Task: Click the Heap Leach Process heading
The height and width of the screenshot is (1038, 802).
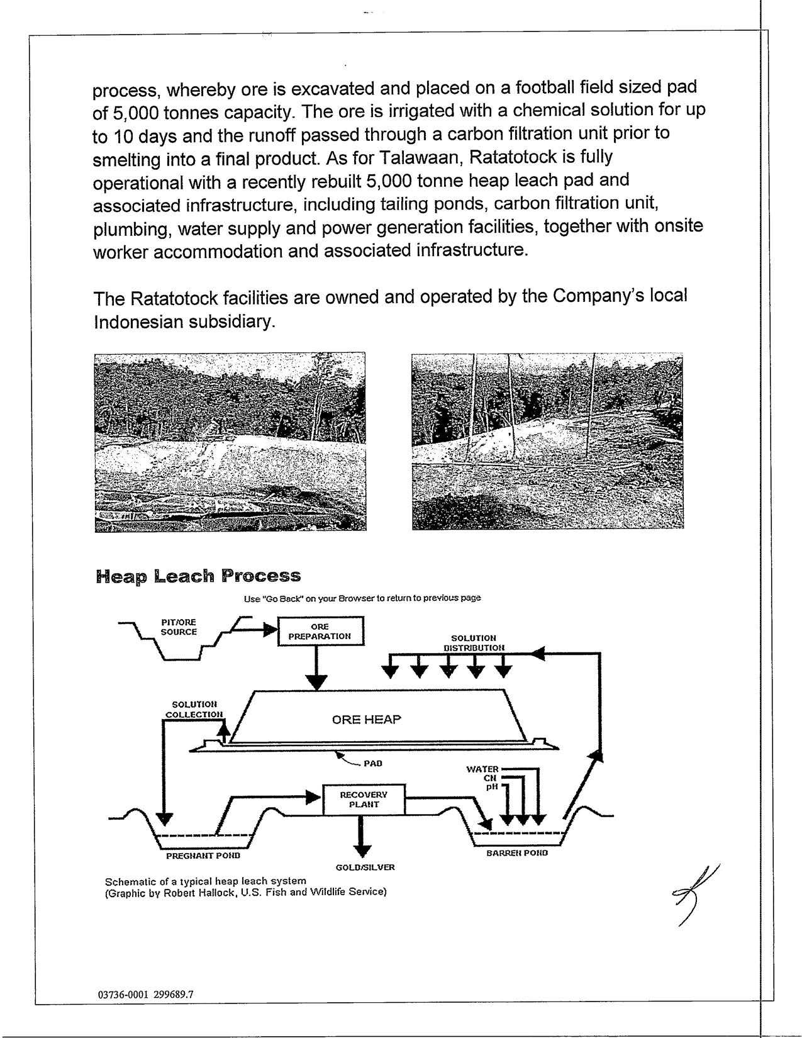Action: pyautogui.click(x=198, y=576)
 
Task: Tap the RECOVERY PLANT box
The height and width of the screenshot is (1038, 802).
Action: pyautogui.click(x=364, y=800)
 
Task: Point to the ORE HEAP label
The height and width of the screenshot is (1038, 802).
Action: pyautogui.click(x=366, y=719)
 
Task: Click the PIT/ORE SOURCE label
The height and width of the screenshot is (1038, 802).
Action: pyautogui.click(x=179, y=627)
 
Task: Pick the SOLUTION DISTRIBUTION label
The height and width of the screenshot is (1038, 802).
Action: pyautogui.click(x=474, y=642)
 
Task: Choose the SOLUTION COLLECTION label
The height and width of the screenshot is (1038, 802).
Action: pyautogui.click(x=194, y=709)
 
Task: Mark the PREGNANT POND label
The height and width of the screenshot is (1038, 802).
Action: pyautogui.click(x=203, y=856)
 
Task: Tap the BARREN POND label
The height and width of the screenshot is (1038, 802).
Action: pyautogui.click(x=517, y=852)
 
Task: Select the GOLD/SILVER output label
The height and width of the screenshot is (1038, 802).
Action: pyautogui.click(x=365, y=867)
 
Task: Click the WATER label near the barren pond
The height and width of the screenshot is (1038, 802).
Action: pyautogui.click(x=482, y=769)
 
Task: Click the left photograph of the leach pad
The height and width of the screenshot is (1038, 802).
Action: pyautogui.click(x=230, y=442)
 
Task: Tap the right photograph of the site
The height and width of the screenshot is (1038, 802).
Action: pyautogui.click(x=547, y=442)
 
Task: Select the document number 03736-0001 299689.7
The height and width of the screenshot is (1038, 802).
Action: pyautogui.click(x=146, y=995)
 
